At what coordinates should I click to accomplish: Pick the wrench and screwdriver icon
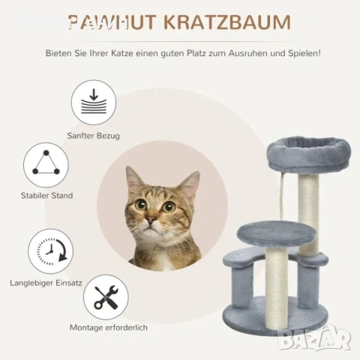pyautogui.click(x=106, y=297)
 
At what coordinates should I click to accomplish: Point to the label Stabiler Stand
pyautogui.click(x=47, y=196)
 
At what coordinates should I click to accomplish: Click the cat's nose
pyautogui.click(x=151, y=220)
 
